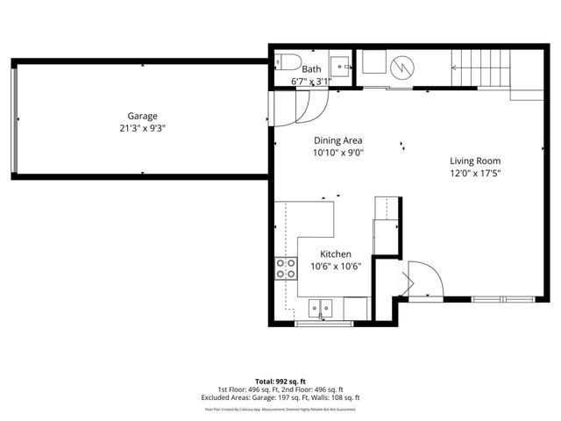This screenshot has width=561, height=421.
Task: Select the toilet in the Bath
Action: [280, 62]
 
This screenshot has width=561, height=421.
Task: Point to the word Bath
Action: [311, 68]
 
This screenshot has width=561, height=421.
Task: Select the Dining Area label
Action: [337, 140]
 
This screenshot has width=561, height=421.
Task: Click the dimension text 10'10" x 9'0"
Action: [337, 153]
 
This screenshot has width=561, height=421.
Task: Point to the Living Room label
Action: [474, 161]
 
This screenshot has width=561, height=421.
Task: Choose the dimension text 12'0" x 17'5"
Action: [474, 173]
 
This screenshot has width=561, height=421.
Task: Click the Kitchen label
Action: [335, 254]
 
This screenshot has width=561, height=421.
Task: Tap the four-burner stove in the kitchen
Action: [286, 268]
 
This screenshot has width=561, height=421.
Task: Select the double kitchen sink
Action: [321, 307]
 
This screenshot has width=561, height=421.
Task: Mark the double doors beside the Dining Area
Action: [298, 109]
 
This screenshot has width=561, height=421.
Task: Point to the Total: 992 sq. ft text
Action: [280, 382]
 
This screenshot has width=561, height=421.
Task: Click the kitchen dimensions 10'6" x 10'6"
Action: [335, 267]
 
